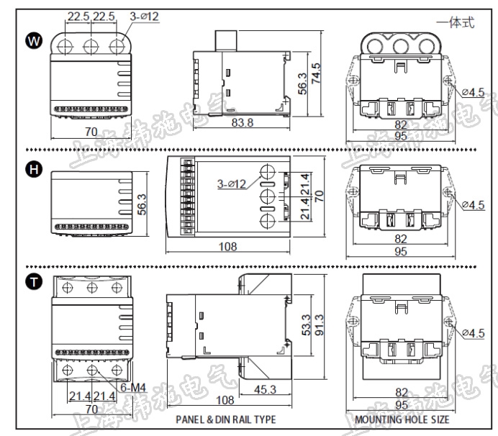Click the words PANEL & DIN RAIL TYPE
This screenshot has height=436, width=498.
click(x=225, y=419)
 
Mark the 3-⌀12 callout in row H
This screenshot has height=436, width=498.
click(x=232, y=184)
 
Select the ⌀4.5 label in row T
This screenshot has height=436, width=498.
click(x=473, y=332)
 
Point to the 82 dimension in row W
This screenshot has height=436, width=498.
click(x=401, y=124)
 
